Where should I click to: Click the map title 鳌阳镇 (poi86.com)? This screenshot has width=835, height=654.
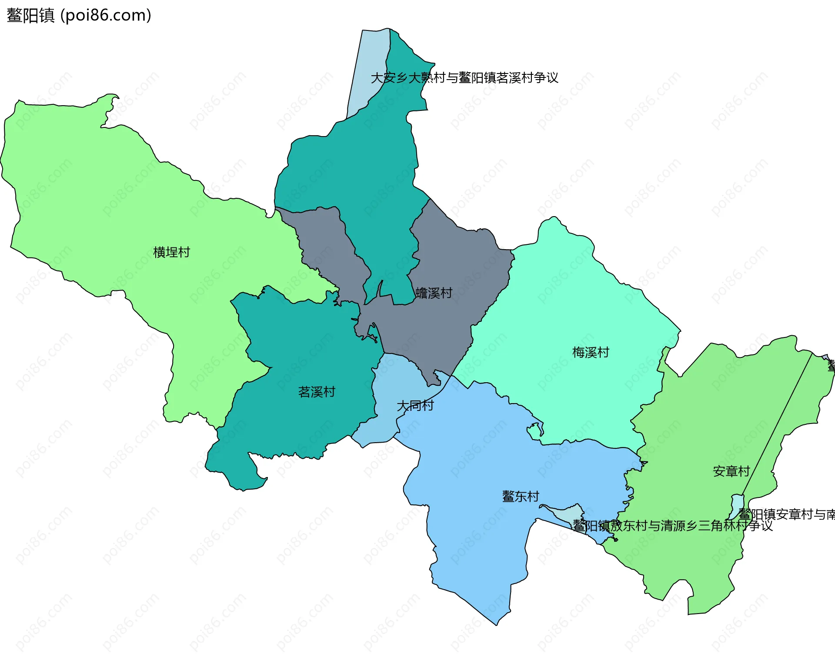(79, 16)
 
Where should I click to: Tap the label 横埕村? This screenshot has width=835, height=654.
(171, 252)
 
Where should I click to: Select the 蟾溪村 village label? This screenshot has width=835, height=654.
(434, 293)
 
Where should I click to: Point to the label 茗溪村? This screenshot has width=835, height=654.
(317, 392)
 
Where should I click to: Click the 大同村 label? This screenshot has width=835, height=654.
(415, 406)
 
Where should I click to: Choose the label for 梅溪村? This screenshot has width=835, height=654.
(591, 352)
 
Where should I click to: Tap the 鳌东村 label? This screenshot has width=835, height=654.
(521, 496)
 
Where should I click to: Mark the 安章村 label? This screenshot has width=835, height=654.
(731, 471)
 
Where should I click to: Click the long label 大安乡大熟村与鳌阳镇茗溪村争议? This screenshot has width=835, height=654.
(464, 78)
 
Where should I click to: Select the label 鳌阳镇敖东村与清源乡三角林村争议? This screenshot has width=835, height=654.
(672, 526)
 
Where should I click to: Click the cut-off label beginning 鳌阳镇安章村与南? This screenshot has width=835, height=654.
(786, 514)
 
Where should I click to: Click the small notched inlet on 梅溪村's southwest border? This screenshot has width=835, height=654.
(535, 431)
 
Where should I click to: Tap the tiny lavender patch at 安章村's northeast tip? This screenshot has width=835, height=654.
(825, 357)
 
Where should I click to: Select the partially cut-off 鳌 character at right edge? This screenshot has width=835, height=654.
(831, 366)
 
